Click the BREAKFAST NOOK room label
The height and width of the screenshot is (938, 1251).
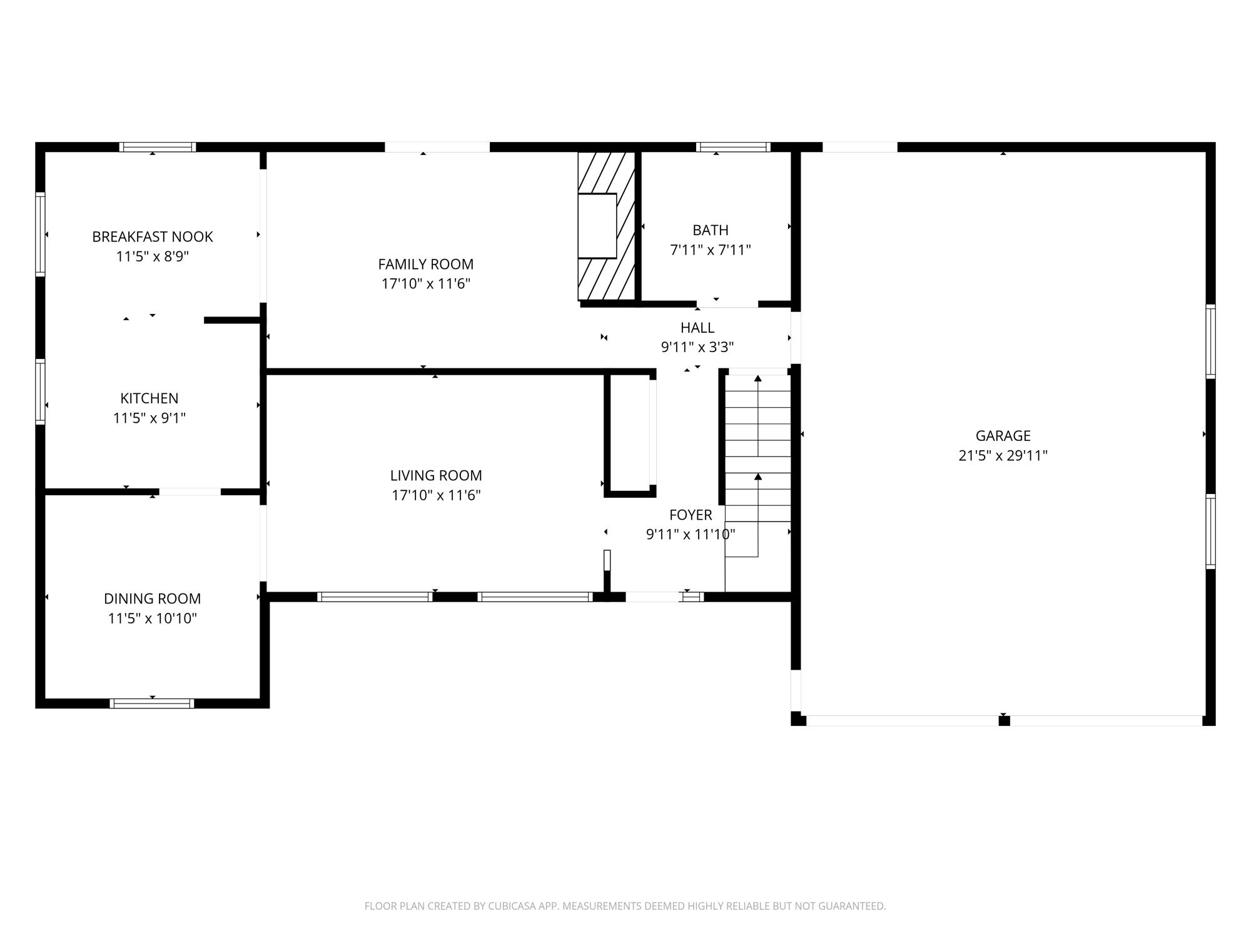(153, 236)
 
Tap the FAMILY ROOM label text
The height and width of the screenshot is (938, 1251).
(426, 264)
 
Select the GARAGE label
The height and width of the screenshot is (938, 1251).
(1003, 435)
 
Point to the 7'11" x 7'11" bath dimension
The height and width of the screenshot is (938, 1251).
(711, 250)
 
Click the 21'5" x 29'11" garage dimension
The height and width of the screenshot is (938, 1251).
(1003, 455)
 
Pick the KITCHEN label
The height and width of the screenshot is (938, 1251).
(149, 398)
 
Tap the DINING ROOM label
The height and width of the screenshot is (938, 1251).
(153, 598)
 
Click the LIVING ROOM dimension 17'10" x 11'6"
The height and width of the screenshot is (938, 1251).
(436, 495)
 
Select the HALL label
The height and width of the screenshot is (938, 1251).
(697, 328)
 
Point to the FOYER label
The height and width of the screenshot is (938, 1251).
(691, 515)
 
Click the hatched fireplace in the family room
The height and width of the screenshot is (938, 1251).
(606, 226)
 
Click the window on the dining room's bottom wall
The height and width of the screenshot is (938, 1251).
(152, 703)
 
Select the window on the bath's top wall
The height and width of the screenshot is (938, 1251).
(733, 147)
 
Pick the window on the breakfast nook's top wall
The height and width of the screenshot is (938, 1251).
(158, 147)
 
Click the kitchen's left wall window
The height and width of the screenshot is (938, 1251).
(40, 392)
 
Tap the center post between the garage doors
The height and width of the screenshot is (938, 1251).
(1004, 721)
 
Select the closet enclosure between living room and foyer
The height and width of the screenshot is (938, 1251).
(630, 434)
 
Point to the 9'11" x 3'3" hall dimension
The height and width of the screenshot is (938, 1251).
(697, 347)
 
